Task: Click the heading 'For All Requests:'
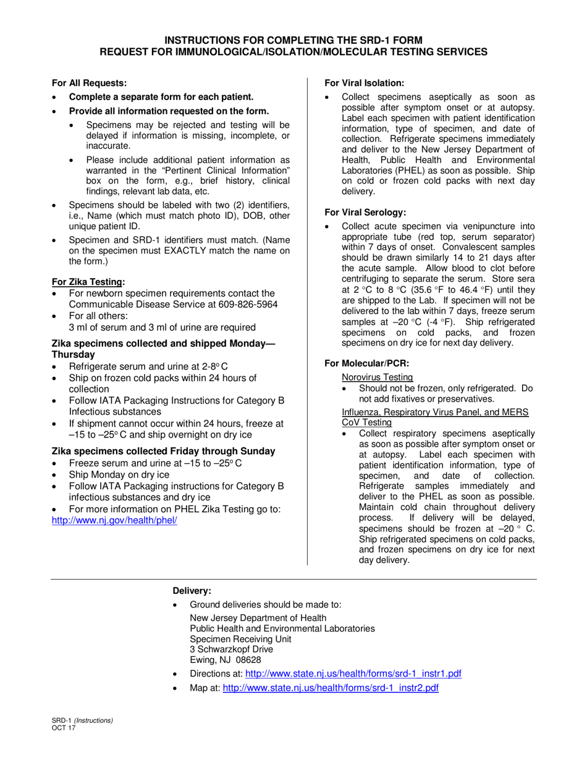(x=90, y=83)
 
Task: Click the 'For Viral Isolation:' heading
(x=365, y=83)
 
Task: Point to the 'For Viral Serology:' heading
(x=365, y=212)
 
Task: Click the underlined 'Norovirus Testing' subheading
(x=378, y=377)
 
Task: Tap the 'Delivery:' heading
(x=192, y=591)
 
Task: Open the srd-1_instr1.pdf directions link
(x=353, y=673)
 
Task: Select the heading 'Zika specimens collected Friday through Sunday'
(x=163, y=451)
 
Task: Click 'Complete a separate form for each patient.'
(x=161, y=97)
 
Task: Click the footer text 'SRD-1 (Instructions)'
(x=82, y=720)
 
